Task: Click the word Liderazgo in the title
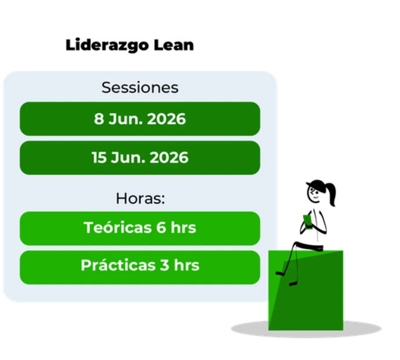point(107,46)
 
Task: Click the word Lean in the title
point(174,45)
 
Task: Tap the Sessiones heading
point(140,88)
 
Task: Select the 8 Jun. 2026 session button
point(140,119)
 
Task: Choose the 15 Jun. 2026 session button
point(140,158)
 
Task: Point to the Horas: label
point(140,198)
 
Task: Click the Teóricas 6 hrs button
point(140,228)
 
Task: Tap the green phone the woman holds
point(308,221)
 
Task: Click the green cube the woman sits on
point(306,290)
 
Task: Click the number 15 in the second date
point(99,158)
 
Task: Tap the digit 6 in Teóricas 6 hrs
point(161,227)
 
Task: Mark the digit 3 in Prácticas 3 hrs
point(165,265)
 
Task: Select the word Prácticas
point(118,265)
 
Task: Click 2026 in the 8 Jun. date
point(166,119)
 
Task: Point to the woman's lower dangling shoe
point(293,283)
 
